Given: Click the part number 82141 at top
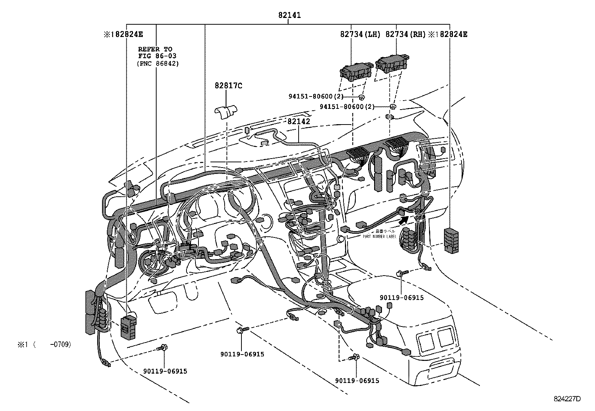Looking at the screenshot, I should [289, 15].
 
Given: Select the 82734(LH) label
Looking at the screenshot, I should [360, 34].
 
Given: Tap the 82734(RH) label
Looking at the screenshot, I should [406, 34].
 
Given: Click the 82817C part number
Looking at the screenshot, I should [228, 86].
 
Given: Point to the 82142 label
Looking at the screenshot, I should [299, 122].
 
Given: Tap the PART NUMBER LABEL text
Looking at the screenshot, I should [379, 236].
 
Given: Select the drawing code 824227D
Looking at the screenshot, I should [567, 399].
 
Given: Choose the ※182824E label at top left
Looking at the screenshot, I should [123, 34].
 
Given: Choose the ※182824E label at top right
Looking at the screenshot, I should [447, 34].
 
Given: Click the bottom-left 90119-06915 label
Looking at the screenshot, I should [165, 371].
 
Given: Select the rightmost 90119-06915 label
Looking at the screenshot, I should [402, 297].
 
